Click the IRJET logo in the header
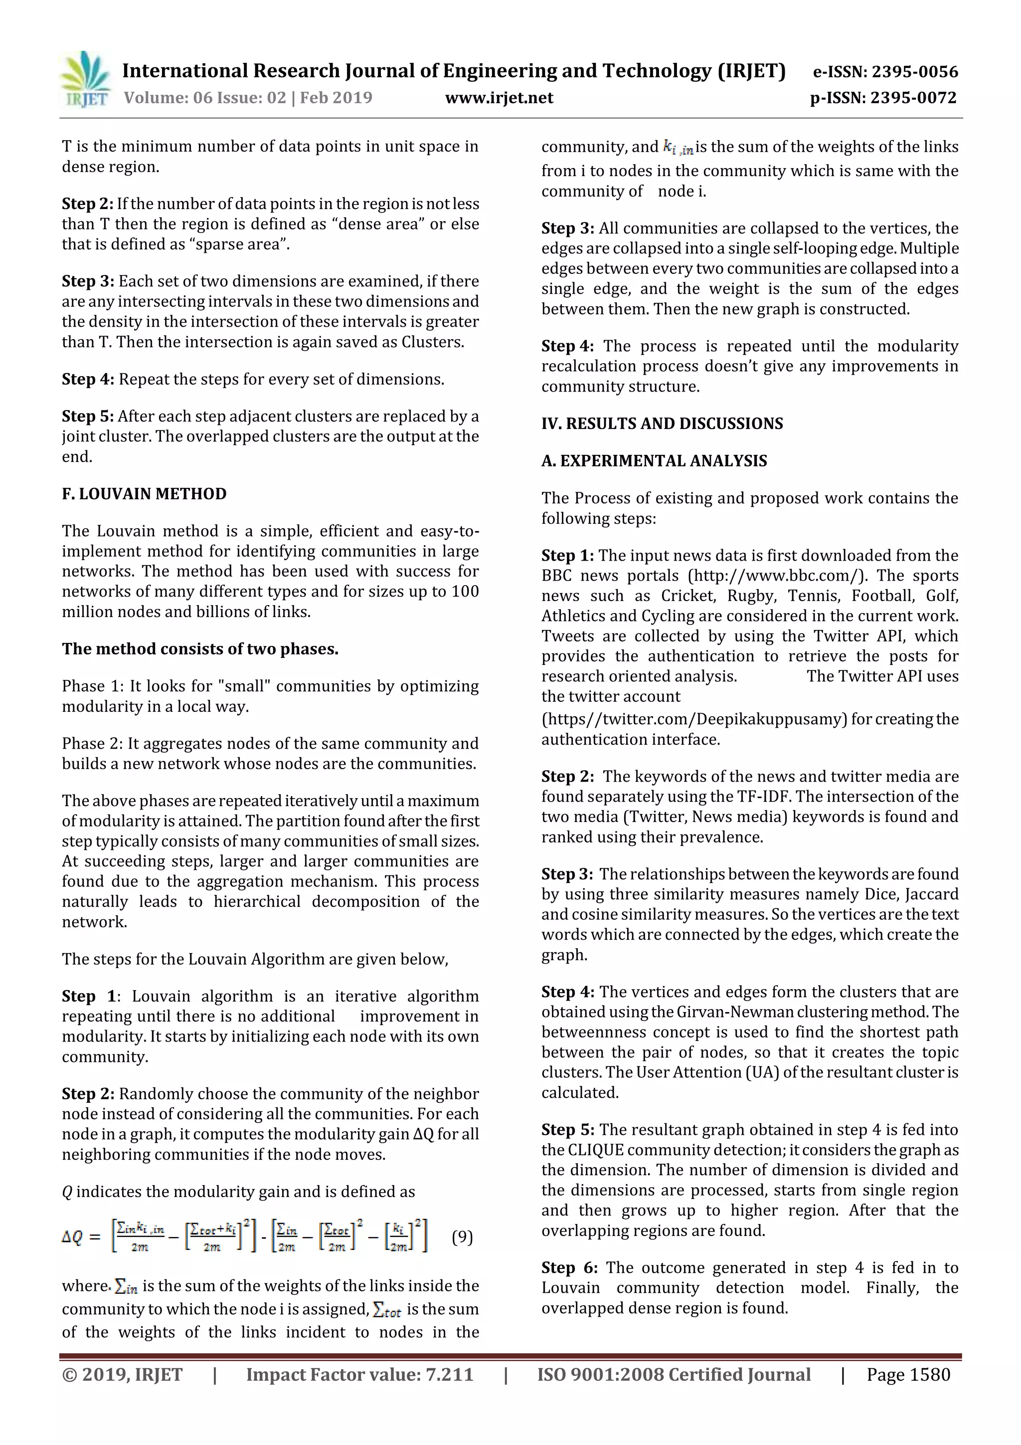tap(85, 79)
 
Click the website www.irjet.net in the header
tap(499, 98)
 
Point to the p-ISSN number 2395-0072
tap(914, 98)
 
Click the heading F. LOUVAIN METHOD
tap(144, 493)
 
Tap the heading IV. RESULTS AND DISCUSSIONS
tap(662, 423)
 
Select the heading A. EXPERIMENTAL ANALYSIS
tap(654, 461)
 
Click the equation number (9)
tap(462, 1237)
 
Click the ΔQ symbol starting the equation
tap(72, 1238)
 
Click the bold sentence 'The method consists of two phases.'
tap(200, 649)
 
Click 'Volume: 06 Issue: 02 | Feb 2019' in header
tap(248, 98)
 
